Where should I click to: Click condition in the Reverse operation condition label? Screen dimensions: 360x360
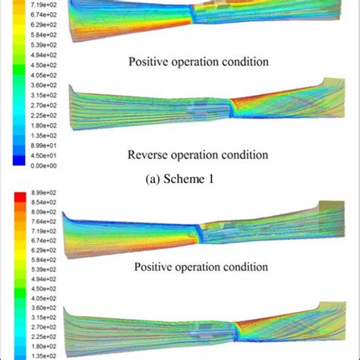pos(245,155)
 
